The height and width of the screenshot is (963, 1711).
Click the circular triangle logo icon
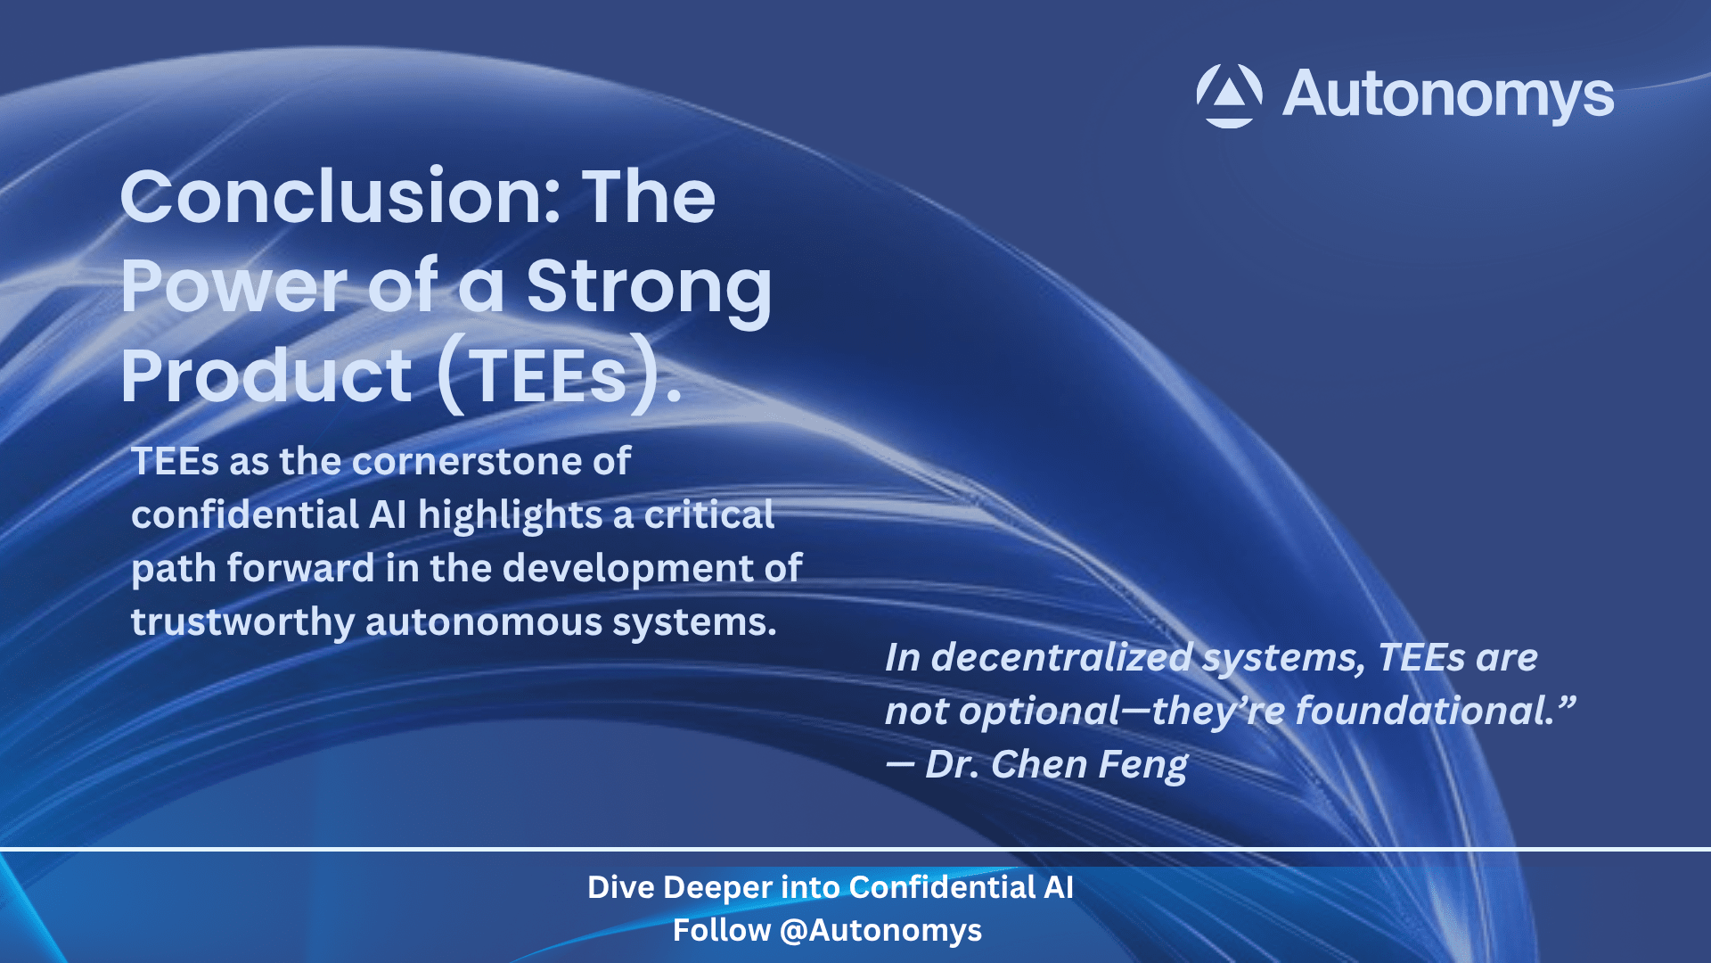pyautogui.click(x=1229, y=95)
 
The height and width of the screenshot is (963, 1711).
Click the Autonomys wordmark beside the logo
pyautogui.click(x=1448, y=95)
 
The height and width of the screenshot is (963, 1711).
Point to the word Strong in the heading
pyautogui.click(x=649, y=290)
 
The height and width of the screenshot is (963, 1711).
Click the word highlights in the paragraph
pyautogui.click(x=511, y=516)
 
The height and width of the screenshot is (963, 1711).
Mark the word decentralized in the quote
pyautogui.click(x=1061, y=658)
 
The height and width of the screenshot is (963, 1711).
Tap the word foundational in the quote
pyautogui.click(x=1423, y=711)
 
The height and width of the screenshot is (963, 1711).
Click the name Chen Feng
pyautogui.click(x=1089, y=766)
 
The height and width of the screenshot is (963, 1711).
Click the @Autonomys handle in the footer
pyautogui.click(x=880, y=932)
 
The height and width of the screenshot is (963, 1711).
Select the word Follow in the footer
pyautogui.click(x=722, y=930)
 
